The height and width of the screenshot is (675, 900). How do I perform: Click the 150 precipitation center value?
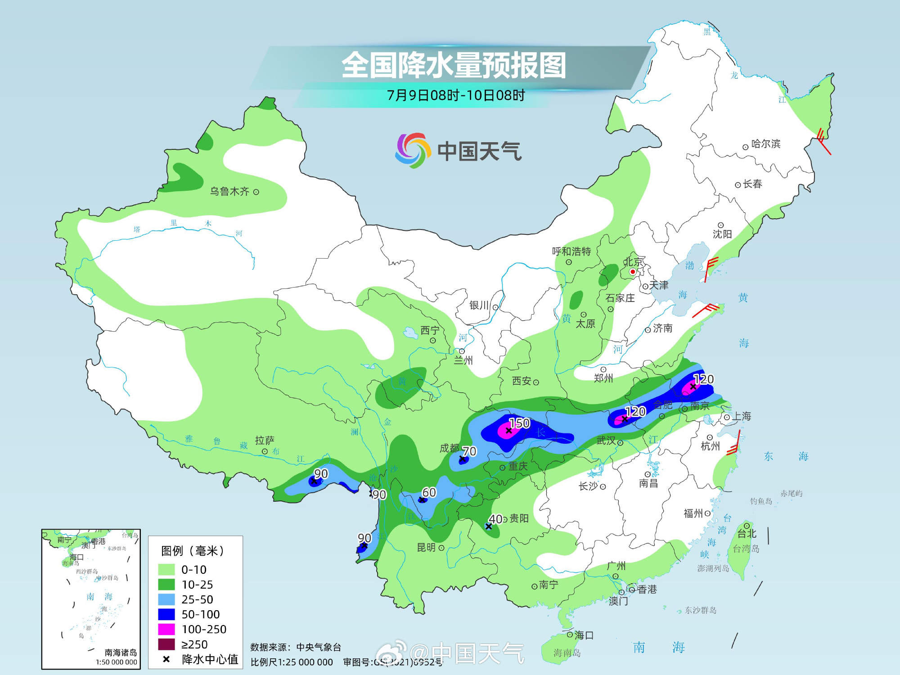pos(519,423)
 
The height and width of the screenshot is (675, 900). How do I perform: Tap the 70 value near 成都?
pos(469,451)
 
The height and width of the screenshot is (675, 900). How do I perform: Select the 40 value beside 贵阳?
pos(495,519)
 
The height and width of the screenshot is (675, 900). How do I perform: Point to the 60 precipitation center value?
pos(429,492)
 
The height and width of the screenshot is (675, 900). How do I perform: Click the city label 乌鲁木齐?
pos(229,191)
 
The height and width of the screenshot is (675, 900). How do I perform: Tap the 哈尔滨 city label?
pos(765,144)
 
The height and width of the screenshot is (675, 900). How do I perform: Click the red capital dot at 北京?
pos(632,272)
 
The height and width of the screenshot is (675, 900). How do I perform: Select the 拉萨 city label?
pos(265,440)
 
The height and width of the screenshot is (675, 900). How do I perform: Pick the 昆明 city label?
pos(426,547)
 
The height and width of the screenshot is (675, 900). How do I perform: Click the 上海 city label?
pos(741,416)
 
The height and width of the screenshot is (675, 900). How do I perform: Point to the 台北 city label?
pos(747,534)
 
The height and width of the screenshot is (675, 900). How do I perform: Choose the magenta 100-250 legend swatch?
pos(166,629)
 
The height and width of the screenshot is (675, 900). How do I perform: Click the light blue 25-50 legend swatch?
pos(166,599)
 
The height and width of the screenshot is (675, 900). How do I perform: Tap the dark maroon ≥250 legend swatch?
pos(166,644)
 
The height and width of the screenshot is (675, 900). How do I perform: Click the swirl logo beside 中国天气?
pos(410,150)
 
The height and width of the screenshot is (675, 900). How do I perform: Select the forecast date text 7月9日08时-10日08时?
pos(456,95)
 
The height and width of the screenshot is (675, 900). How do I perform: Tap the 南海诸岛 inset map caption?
pos(121,652)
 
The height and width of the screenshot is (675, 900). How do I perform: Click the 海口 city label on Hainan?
pos(584,635)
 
